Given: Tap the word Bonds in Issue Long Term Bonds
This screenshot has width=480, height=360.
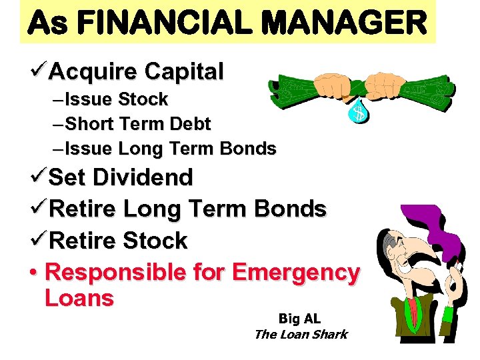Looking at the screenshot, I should click(247, 149).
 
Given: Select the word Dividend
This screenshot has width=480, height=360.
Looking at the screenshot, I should click(143, 177).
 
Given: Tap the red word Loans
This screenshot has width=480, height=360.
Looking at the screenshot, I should click(79, 297).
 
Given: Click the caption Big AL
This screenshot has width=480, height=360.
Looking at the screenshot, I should click(299, 319).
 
